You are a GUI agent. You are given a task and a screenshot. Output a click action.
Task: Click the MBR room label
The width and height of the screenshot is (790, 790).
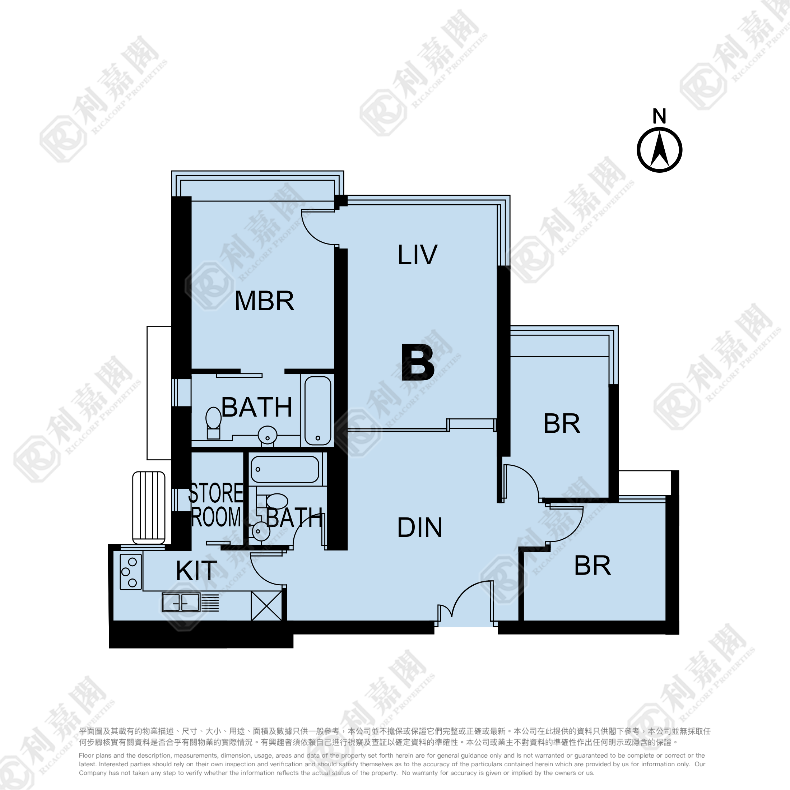(x=264, y=301)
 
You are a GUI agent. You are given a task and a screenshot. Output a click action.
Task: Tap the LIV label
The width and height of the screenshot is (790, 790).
(x=417, y=255)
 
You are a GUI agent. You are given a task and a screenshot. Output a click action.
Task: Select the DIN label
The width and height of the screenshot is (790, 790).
(x=419, y=528)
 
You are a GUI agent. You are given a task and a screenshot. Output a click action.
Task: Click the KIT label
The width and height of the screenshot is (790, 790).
(x=196, y=571)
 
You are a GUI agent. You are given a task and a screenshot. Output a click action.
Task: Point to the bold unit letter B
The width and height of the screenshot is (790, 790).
(x=418, y=362)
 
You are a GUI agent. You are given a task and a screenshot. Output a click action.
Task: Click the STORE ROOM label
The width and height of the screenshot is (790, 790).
(x=216, y=505)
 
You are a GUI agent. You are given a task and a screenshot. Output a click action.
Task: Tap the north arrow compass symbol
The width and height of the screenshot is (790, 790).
(x=659, y=150)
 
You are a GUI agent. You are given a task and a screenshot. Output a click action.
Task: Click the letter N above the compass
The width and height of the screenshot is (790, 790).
(x=659, y=116)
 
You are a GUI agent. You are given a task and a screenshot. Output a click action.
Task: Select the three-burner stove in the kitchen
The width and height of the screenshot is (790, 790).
(x=131, y=572)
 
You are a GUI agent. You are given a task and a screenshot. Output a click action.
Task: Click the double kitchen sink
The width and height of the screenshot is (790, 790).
(x=181, y=602)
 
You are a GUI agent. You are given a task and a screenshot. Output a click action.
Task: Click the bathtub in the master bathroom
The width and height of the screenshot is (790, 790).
(x=318, y=410)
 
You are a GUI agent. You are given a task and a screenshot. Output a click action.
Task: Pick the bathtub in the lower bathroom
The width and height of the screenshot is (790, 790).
(x=285, y=469)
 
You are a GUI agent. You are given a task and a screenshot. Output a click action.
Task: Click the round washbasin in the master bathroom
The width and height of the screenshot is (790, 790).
(x=268, y=435)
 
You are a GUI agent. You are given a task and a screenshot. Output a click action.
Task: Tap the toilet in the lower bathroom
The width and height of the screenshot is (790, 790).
(x=273, y=501)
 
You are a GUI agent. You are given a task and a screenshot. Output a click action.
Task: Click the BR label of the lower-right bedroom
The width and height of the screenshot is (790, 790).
(x=592, y=566)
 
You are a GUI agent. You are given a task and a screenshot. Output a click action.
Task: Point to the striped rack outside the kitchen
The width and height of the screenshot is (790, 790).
(x=149, y=507)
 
